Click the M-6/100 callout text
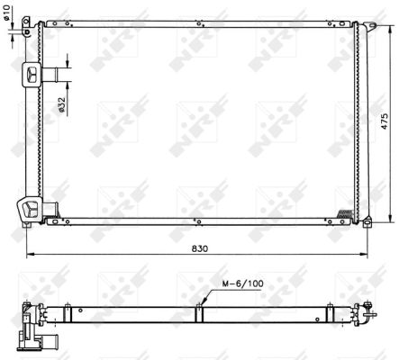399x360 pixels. tap(237, 285)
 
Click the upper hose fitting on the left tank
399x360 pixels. tap(32, 75)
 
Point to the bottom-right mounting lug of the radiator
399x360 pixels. tap(364, 220)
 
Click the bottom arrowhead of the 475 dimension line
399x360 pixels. tap(389, 218)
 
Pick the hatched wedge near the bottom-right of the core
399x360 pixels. tap(345, 212)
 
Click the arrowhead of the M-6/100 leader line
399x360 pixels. tap(203, 303)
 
